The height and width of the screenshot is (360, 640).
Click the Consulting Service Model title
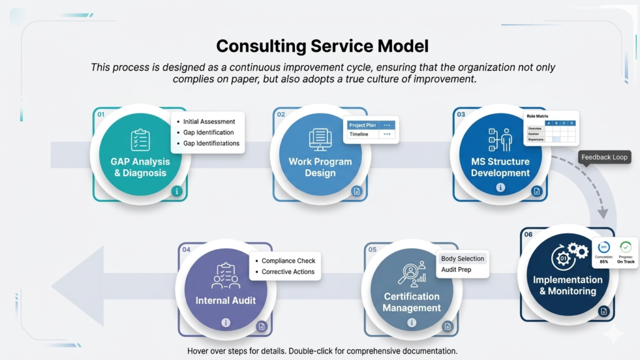(322, 46)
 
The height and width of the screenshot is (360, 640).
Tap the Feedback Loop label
(604, 157)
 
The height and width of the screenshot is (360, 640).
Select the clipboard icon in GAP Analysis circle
(140, 139)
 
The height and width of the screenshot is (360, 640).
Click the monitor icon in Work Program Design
(320, 139)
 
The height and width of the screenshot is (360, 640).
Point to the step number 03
(461, 114)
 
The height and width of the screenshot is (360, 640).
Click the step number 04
(186, 249)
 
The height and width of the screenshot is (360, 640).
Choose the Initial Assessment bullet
(209, 121)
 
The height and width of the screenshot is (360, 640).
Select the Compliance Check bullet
(288, 261)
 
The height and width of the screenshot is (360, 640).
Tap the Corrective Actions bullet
(288, 272)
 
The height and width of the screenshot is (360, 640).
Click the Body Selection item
(462, 258)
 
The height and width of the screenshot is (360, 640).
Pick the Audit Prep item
(456, 269)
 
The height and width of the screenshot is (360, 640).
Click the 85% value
(604, 261)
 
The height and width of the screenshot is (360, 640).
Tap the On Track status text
(626, 261)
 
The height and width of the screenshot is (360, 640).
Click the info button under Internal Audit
(226, 322)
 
